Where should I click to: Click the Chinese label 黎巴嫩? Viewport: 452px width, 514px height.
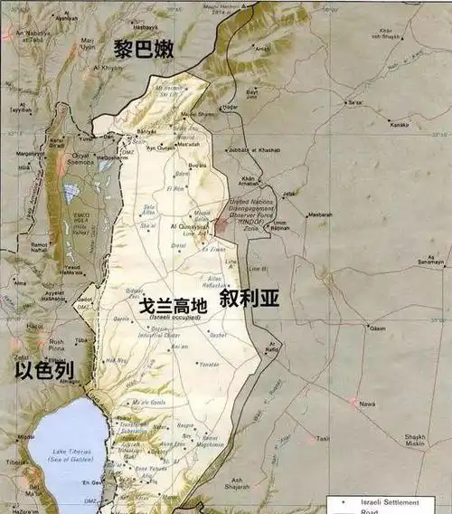click(144, 49)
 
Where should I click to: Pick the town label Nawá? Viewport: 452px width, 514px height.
click(365, 404)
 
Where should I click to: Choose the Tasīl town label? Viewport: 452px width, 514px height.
click(323, 439)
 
